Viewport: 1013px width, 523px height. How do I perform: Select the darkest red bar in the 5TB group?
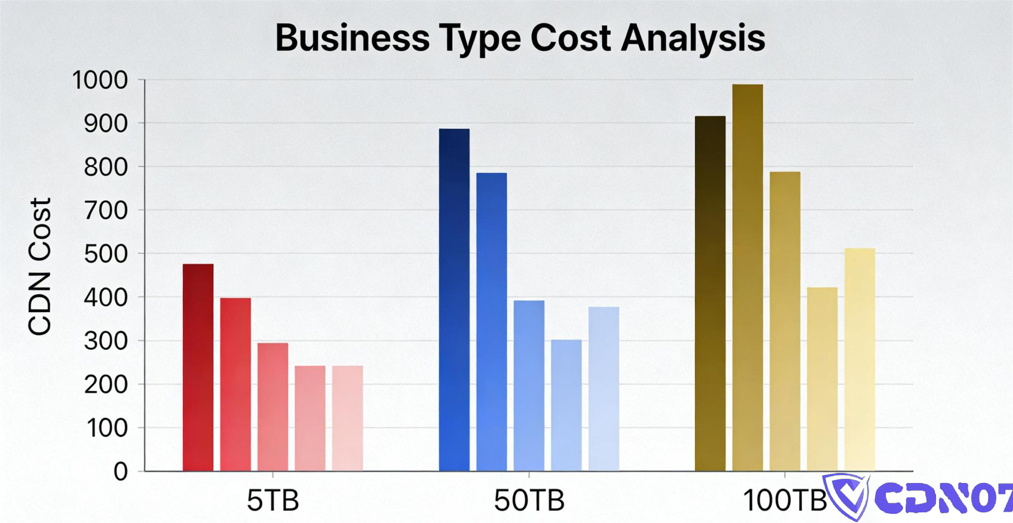[x=198, y=367]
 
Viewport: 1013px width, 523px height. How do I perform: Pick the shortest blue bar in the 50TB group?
[x=566, y=405]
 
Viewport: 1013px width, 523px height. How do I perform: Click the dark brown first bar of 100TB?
[x=710, y=294]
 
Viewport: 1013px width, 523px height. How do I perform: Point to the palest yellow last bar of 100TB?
[x=860, y=360]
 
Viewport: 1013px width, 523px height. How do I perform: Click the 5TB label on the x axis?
[x=272, y=500]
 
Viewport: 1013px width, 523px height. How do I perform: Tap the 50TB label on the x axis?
[x=529, y=500]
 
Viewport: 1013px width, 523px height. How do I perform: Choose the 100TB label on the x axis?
[x=785, y=500]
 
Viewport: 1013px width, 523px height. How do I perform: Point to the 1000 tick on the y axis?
[x=100, y=80]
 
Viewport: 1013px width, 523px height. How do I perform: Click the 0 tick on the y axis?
[x=121, y=472]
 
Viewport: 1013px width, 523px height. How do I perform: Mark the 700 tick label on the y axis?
[x=106, y=210]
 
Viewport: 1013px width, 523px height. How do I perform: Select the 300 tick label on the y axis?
[x=106, y=341]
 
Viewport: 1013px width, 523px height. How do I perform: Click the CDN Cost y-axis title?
[x=40, y=266]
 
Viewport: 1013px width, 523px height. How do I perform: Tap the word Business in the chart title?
[x=353, y=38]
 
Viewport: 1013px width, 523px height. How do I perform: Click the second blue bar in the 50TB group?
[x=491, y=322]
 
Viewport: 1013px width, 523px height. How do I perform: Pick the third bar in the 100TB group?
[x=785, y=321]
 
